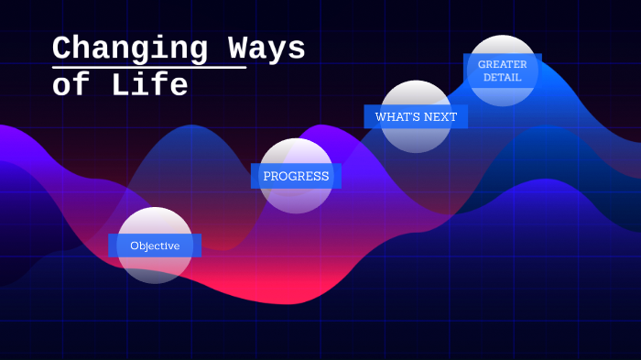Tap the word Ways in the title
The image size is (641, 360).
point(265,49)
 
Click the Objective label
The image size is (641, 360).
point(155,245)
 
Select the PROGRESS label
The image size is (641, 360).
point(296,176)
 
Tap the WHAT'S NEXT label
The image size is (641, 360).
point(416,116)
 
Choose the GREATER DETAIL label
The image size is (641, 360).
point(502,71)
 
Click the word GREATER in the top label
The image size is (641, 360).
point(502,64)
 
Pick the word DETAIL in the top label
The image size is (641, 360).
point(502,78)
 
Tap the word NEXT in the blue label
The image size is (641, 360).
point(440,116)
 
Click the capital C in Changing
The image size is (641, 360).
point(63,49)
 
